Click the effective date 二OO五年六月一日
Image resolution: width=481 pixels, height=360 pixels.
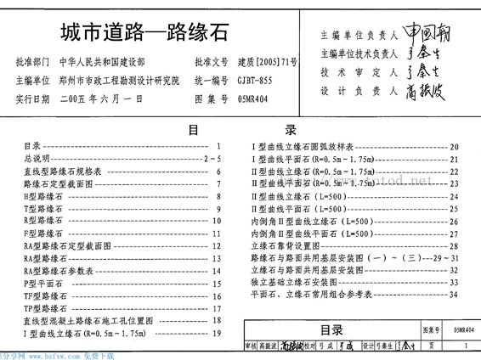(105, 98)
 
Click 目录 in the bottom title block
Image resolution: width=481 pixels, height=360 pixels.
(331, 330)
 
